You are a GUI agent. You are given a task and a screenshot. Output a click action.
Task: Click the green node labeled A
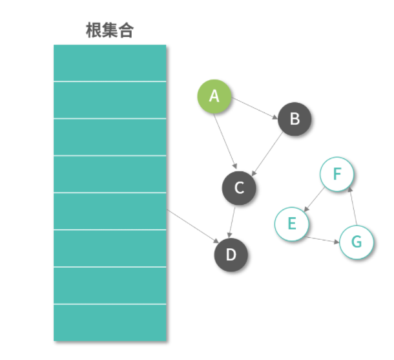click(214, 97)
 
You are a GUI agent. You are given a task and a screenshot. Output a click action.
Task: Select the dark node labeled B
click(295, 119)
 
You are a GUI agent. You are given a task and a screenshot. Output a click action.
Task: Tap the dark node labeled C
click(239, 188)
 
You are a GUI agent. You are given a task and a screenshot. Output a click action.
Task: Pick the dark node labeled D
click(231, 255)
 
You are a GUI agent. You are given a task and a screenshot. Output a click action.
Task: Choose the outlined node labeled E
click(292, 224)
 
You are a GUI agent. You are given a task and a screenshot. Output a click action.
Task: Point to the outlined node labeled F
click(337, 175)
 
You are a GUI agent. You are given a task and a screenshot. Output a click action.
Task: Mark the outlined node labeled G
click(356, 242)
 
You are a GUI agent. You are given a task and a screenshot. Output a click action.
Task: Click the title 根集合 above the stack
click(109, 30)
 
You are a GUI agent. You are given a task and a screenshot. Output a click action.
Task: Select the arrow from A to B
click(255, 108)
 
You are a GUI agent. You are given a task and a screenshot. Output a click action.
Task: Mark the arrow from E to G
click(324, 240)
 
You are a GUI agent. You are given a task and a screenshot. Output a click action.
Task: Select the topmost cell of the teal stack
click(110, 63)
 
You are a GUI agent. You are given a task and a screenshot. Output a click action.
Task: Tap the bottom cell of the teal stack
click(110, 323)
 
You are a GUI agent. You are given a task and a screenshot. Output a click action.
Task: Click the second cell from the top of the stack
click(110, 100)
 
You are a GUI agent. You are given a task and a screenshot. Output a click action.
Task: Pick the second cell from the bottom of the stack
click(110, 285)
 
